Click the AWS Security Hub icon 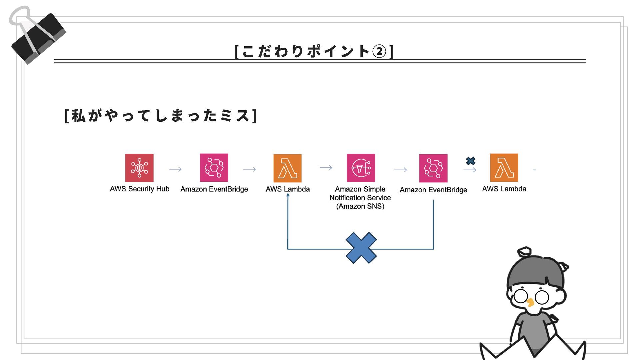point(139,168)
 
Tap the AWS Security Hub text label point(139,189)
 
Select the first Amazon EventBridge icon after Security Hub point(214,168)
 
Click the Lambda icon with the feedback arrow point(287,168)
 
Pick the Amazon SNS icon point(361,168)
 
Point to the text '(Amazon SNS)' point(360,206)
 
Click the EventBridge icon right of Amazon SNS point(433,168)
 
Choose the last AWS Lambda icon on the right point(504,168)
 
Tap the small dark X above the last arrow point(471,161)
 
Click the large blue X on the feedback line point(361,248)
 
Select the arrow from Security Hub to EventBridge point(175,169)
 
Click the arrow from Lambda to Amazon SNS point(326,168)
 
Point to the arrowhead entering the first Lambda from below point(288,195)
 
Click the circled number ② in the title point(379,52)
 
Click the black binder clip point(38,38)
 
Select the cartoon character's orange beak point(530,302)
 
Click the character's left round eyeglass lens point(521,296)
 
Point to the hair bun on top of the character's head point(524,251)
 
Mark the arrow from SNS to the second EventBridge point(400,170)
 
